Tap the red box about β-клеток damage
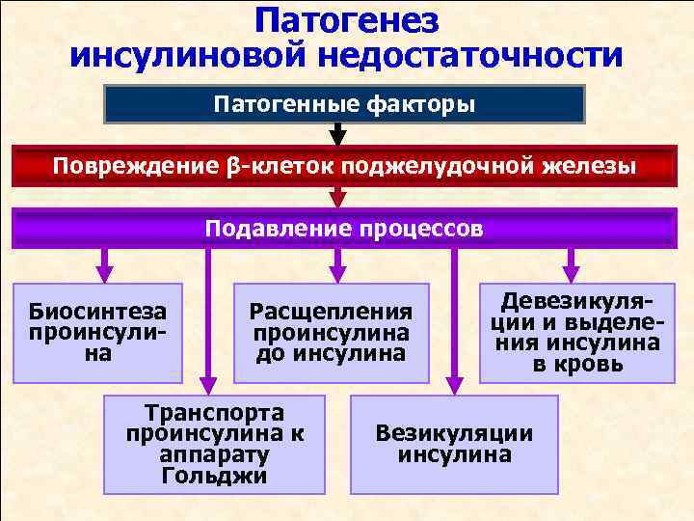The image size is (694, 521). [x=344, y=166]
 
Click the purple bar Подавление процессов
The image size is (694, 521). [x=344, y=229]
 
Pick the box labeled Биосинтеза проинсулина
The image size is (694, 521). [x=96, y=333]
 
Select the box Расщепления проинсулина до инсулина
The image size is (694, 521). [x=331, y=333]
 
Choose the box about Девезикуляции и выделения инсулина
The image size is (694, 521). [x=576, y=333]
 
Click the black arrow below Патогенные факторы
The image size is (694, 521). [x=337, y=134]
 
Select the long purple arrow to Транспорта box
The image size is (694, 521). [x=205, y=318]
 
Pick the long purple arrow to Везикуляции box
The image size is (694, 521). [x=453, y=318]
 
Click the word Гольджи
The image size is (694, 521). [x=215, y=476]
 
